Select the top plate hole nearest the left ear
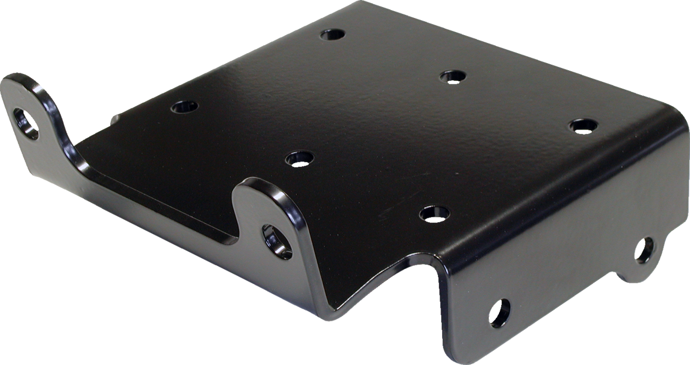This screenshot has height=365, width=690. pyautogui.click(x=184, y=106)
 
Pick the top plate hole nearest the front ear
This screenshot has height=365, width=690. pyautogui.click(x=299, y=158)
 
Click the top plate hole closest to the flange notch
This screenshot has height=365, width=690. pyautogui.click(x=434, y=214)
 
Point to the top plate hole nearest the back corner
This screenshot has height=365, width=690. pyautogui.click(x=333, y=35)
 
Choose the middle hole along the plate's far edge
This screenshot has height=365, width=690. pyautogui.click(x=452, y=77)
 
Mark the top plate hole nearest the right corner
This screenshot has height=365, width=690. pyautogui.click(x=583, y=126)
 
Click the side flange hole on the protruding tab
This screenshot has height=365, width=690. pyautogui.click(x=644, y=250)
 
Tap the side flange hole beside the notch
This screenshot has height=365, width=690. pyautogui.click(x=499, y=312)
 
